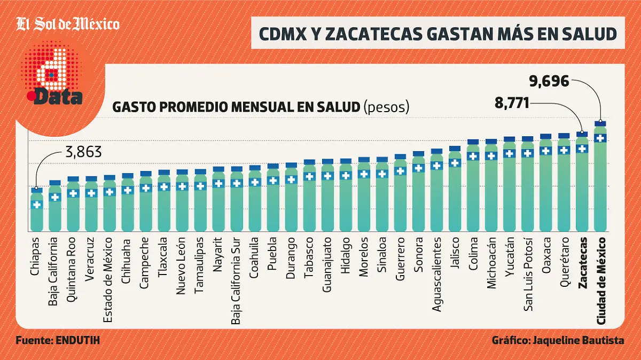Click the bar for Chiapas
(36, 211)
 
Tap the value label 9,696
(549, 82)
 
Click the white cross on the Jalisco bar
(455, 163)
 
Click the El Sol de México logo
(67, 25)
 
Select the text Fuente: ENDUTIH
(58, 341)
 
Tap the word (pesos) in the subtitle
(386, 107)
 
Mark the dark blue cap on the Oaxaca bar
(546, 137)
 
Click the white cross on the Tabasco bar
(309, 176)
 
